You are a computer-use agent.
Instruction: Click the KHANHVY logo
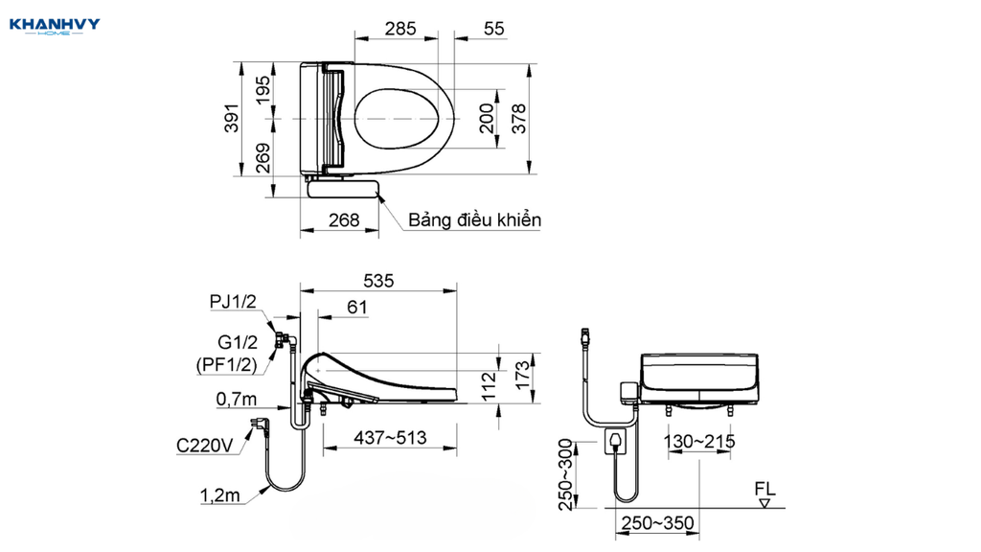pyautogui.click(x=55, y=26)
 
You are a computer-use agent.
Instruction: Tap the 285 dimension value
pyautogui.click(x=400, y=29)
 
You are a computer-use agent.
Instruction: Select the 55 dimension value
pyautogui.click(x=493, y=29)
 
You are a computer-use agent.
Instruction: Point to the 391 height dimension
pyautogui.click(x=232, y=118)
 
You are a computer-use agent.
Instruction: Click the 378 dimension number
pyautogui.click(x=519, y=118)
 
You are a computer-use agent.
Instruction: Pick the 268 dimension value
pyautogui.click(x=344, y=220)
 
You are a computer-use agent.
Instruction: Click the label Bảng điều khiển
pyautogui.click(x=474, y=220)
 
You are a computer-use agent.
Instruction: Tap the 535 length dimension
pyautogui.click(x=378, y=281)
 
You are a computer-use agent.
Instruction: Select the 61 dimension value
pyautogui.click(x=357, y=308)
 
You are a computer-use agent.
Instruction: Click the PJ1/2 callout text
pyautogui.click(x=233, y=302)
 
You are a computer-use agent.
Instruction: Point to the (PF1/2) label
pyautogui.click(x=226, y=364)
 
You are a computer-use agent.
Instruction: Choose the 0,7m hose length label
pyautogui.click(x=237, y=399)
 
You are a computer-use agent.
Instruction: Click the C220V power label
pyautogui.click(x=205, y=446)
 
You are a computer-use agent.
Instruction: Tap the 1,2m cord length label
pyautogui.click(x=219, y=495)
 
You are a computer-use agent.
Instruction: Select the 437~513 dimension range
pyautogui.click(x=391, y=437)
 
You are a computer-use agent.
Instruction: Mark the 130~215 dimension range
pyautogui.click(x=699, y=442)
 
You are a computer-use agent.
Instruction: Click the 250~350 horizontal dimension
pyautogui.click(x=657, y=523)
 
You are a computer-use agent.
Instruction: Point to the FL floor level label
pyautogui.click(x=764, y=489)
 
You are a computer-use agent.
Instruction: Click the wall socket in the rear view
pyautogui.click(x=615, y=441)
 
